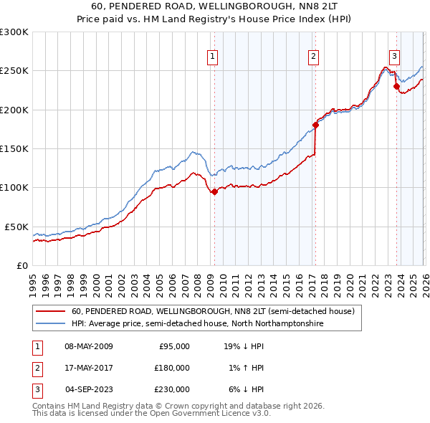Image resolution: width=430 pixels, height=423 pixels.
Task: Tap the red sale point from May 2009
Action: [214, 191]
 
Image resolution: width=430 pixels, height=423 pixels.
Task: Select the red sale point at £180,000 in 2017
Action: [315, 125]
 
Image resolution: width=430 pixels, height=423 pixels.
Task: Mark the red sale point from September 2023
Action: [396, 87]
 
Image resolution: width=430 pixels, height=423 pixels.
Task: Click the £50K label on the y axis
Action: [16, 227]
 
